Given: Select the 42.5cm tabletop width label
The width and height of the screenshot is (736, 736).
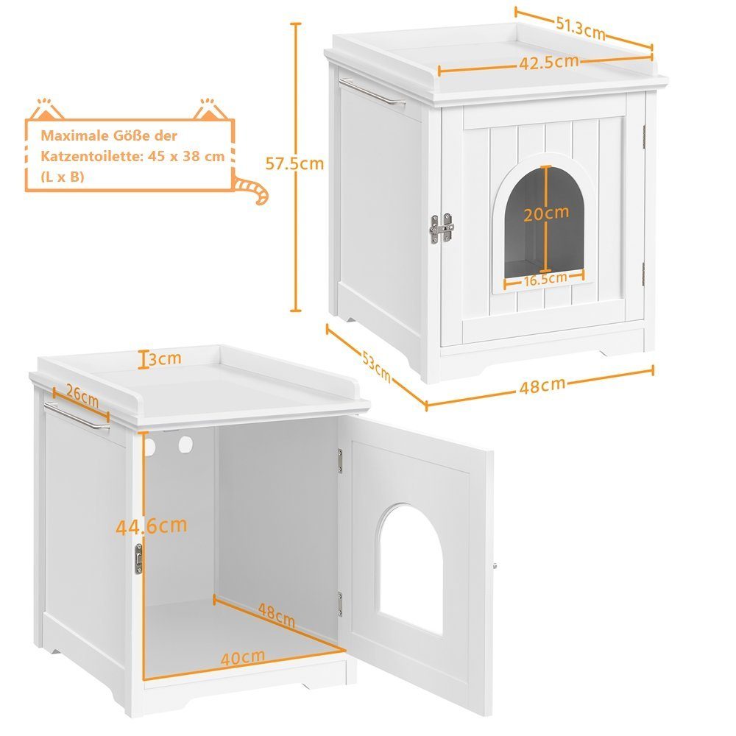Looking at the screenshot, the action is [x=549, y=63].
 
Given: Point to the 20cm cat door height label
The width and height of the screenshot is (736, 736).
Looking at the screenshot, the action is [x=546, y=213].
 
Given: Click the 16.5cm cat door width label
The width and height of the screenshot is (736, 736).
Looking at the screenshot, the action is [x=545, y=279].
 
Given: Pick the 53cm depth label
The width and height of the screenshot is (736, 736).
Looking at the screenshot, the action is [x=376, y=366].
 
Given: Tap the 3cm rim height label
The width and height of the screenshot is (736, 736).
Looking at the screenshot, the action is [x=165, y=358].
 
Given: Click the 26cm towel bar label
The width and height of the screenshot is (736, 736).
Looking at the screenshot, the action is [x=82, y=395].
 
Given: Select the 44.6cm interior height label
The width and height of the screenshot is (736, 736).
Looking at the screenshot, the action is [x=151, y=526].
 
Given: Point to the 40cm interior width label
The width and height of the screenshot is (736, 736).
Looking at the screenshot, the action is [x=243, y=657].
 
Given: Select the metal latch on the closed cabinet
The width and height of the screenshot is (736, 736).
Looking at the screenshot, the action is [x=442, y=229].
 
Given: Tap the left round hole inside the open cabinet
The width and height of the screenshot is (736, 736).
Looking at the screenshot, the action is [x=149, y=447].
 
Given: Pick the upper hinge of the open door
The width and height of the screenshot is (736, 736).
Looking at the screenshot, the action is [x=340, y=461].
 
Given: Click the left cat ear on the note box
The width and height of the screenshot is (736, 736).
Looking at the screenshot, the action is [x=46, y=110].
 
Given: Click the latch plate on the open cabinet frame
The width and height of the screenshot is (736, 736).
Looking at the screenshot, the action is [x=138, y=559].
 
